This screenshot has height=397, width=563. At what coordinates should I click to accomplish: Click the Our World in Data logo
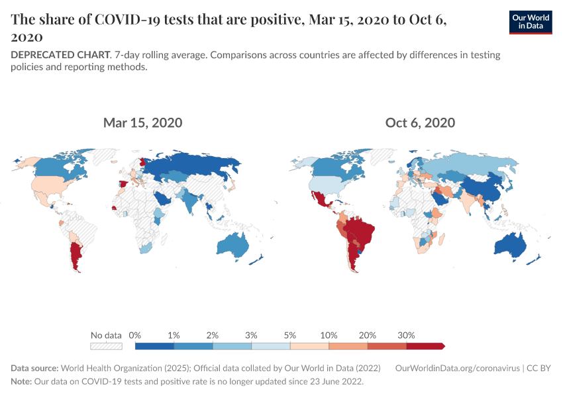pyautogui.click(x=530, y=22)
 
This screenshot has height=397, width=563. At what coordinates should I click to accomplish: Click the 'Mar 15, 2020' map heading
pyautogui.click(x=142, y=122)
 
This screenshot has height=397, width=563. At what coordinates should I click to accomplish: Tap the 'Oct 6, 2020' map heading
pyautogui.click(x=420, y=122)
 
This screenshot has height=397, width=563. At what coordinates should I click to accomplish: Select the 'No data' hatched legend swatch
pyautogui.click(x=106, y=345)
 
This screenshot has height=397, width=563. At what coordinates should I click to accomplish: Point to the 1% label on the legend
pyautogui.click(x=174, y=335)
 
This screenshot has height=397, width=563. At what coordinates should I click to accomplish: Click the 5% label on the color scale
pyautogui.click(x=290, y=335)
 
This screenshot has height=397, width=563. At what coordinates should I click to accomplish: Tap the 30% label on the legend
pyautogui.click(x=406, y=335)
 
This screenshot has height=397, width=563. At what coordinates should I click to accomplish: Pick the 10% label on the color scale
pyautogui.click(x=329, y=335)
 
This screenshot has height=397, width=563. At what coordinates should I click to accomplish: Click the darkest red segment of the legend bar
pyautogui.click(x=424, y=345)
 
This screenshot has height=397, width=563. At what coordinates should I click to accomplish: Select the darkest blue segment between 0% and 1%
pyautogui.click(x=154, y=345)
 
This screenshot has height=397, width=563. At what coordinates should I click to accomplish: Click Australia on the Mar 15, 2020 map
pyautogui.click(x=232, y=245)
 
